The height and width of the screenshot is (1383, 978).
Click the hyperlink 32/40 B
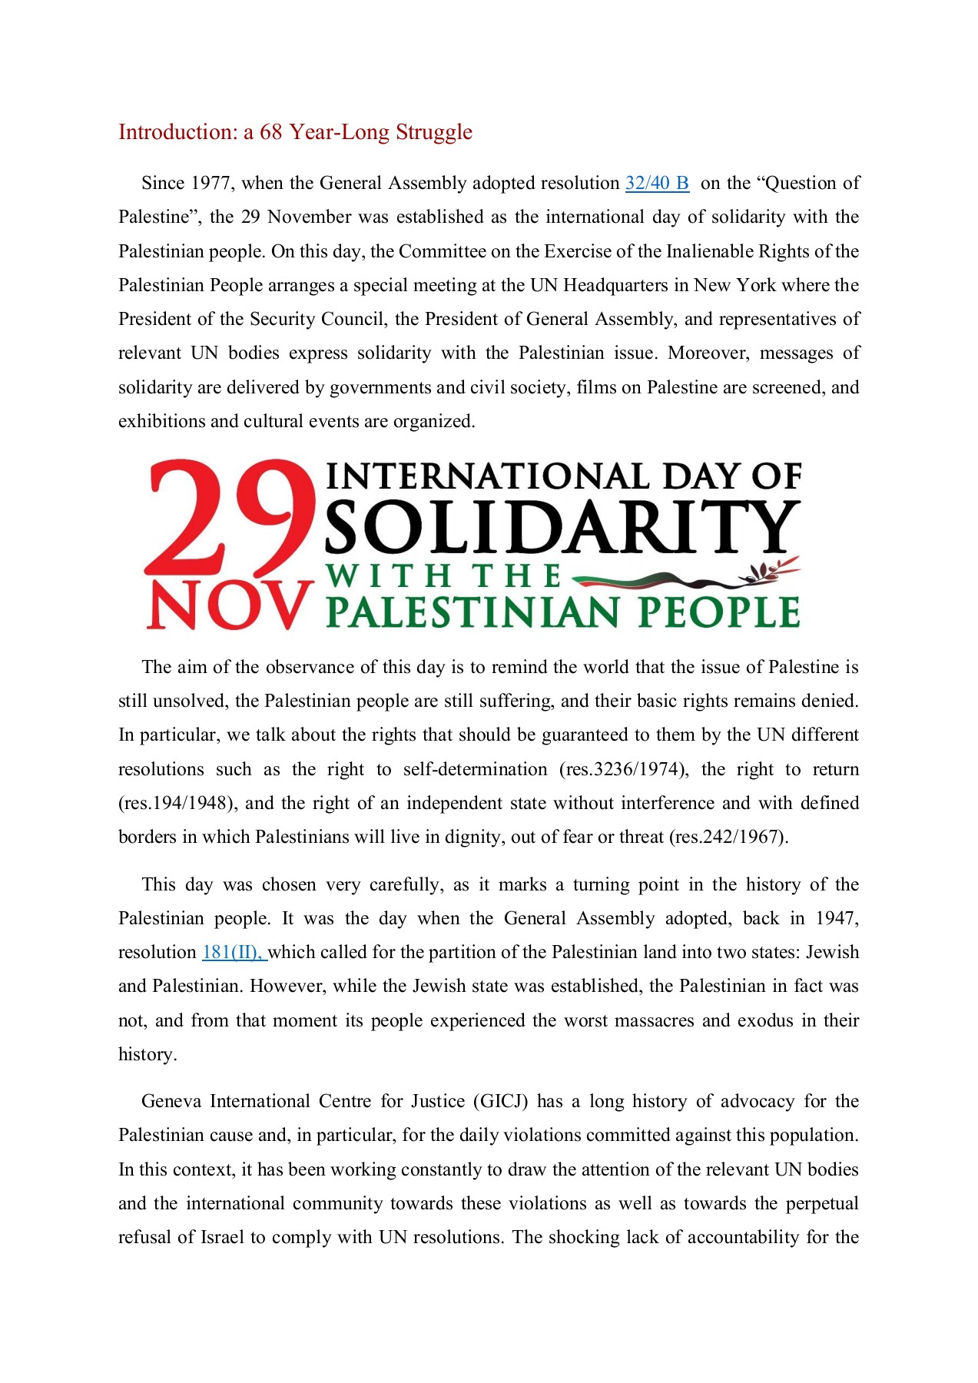pos(657,183)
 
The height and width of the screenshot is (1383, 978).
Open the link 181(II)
pos(233,952)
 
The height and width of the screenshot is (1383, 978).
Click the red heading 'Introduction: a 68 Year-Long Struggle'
pos(295,132)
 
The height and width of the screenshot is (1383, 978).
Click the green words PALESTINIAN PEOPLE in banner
pos(562,612)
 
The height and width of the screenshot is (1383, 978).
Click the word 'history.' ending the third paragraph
pos(148,1054)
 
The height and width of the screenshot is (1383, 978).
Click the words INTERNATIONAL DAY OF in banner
pos(564,476)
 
